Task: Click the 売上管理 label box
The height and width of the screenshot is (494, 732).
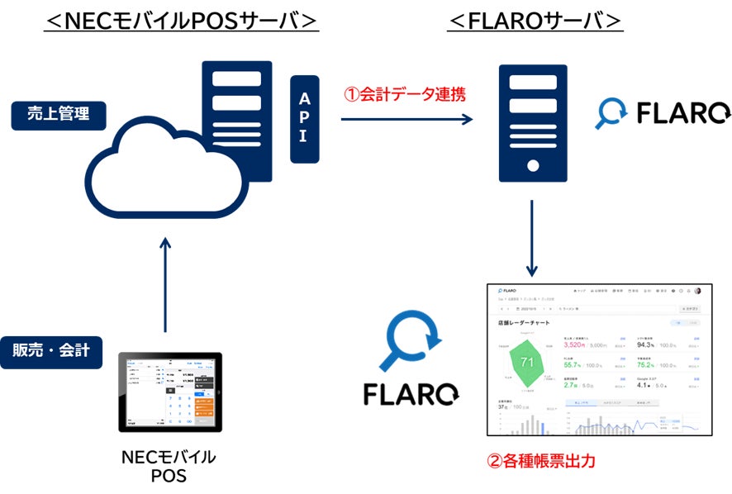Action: pos(59,115)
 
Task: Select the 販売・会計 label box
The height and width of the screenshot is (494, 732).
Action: pos(57,350)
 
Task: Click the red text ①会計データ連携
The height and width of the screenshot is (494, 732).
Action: pos(406,94)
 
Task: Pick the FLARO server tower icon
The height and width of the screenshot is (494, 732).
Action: pos(533,124)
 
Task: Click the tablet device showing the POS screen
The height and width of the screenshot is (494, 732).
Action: pos(169,392)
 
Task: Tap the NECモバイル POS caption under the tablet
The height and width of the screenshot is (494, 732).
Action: pos(169,466)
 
